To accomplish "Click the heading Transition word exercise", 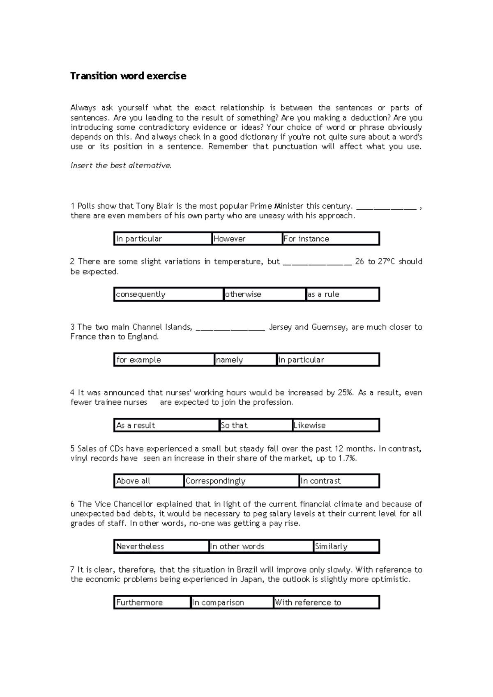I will click(128, 76).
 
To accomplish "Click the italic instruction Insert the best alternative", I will click(121, 166).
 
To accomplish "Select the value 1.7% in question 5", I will click(347, 459).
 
